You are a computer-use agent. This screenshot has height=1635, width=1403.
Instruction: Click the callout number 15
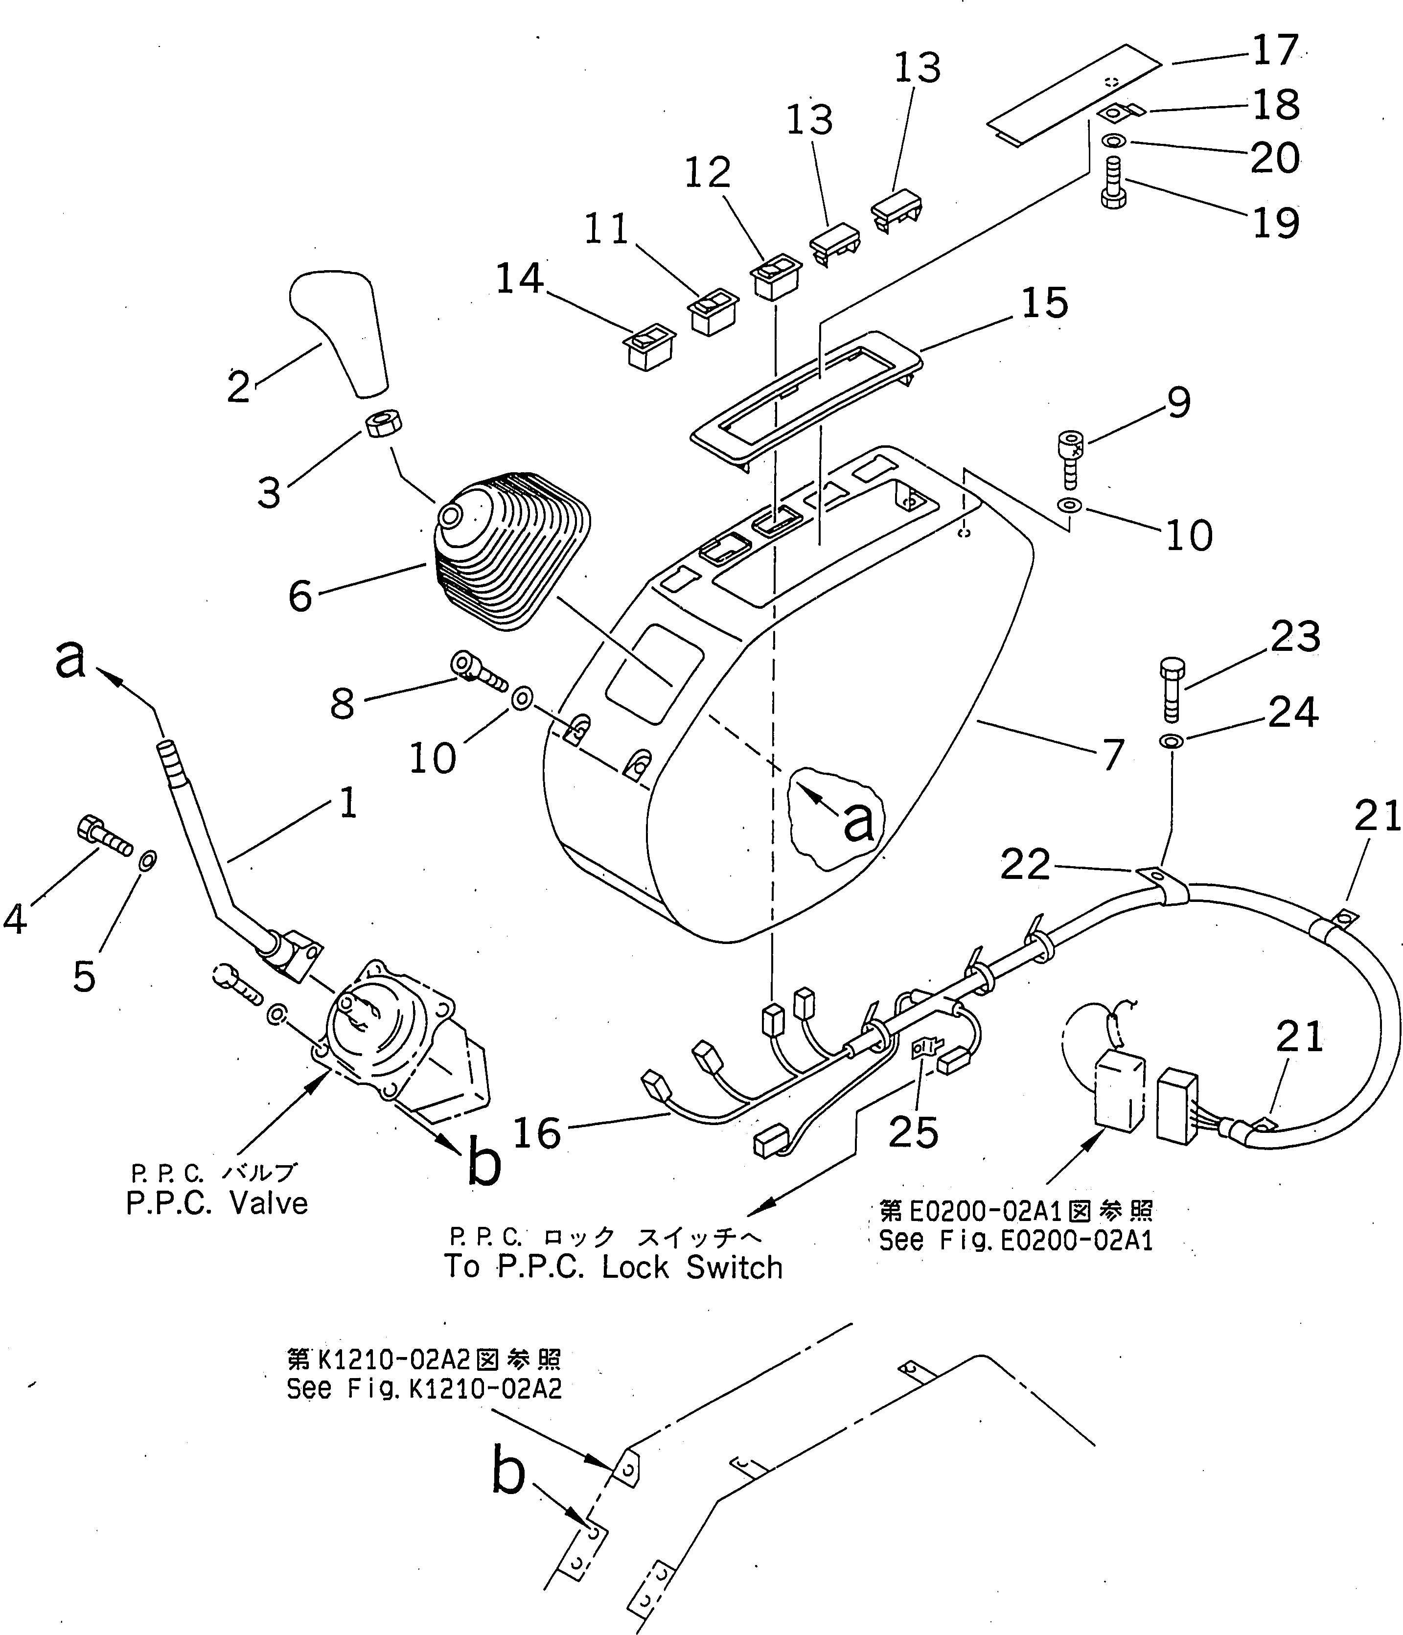[x=1044, y=303]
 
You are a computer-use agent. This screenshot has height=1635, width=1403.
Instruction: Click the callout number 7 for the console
[x=1112, y=755]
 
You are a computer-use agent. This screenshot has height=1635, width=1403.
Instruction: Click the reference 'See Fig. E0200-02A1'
[x=1015, y=1241]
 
